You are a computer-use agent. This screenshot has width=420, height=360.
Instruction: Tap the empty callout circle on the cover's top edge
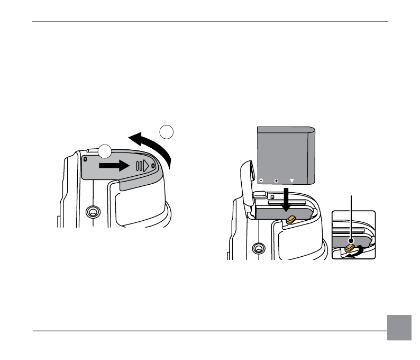pos(105,151)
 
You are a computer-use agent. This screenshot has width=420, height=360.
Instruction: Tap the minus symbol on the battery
pos(261,180)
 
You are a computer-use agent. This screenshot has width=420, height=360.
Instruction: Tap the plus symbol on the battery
pos(276,181)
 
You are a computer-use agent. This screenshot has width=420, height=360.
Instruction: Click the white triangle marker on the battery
pos(291,181)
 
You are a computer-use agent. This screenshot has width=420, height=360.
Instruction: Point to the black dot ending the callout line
pos(351,241)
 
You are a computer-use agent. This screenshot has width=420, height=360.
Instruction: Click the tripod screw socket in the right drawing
pos(259,247)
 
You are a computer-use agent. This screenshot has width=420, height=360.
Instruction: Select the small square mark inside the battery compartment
pos(272,197)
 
